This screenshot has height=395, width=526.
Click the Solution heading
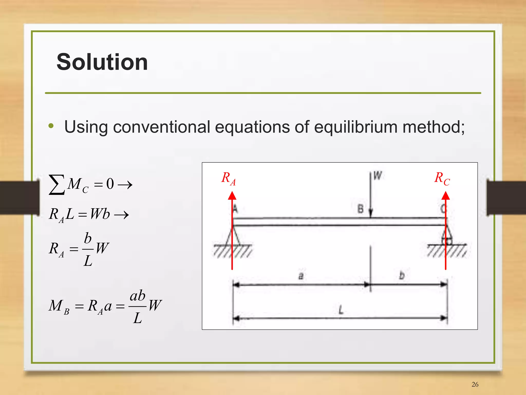[102, 62]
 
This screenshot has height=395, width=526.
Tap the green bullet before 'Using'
[51, 126]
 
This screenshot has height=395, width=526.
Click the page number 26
[475, 384]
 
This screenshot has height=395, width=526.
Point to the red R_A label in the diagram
[228, 178]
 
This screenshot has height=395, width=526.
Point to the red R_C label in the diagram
[442, 178]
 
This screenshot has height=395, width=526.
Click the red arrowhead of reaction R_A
[232, 196]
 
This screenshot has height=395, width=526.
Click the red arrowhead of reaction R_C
[446, 196]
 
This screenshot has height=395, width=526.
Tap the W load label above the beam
[377, 176]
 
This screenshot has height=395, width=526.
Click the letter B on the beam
[360, 209]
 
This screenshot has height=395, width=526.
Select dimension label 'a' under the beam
[301, 276]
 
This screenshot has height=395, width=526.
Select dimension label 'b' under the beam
[402, 275]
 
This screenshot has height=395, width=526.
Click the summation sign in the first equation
[57, 185]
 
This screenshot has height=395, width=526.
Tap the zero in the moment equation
[110, 184]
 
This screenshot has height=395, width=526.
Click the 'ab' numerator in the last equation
[137, 296]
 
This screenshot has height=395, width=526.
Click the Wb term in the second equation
[100, 214]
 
